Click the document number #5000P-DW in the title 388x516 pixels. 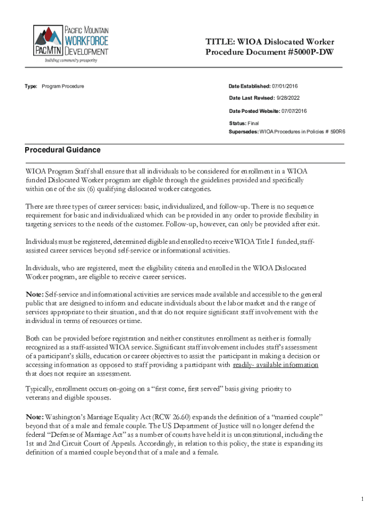click(x=309, y=52)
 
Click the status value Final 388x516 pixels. click(x=253, y=123)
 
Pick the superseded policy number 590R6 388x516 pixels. click(x=342, y=131)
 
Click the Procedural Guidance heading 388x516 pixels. click(x=63, y=150)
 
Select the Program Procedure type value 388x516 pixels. click(x=63, y=86)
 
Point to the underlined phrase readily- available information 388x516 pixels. click(x=276, y=365)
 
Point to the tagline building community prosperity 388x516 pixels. click(x=71, y=60)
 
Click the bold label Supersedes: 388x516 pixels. click(x=244, y=131)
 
